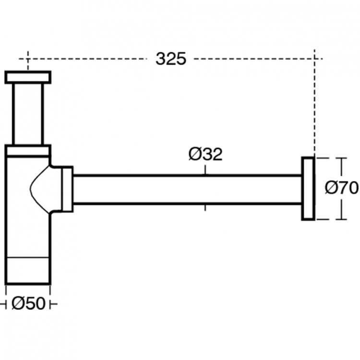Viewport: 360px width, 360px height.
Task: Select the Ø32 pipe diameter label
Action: coord(205,155)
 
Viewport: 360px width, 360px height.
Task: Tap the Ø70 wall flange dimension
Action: coord(341,188)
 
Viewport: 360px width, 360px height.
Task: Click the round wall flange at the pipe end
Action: coord(308,188)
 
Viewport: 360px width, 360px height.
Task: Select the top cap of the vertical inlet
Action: coord(28,77)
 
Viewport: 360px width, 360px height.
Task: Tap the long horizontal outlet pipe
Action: coord(187,189)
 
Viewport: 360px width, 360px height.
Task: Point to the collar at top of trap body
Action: coord(28,151)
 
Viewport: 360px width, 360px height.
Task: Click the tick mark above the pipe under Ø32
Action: coord(205,169)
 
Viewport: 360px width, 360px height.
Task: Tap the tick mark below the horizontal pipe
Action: coord(205,208)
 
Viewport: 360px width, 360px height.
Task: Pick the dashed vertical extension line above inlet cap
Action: coord(28,60)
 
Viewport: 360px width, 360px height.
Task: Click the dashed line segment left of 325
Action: coord(86,59)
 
